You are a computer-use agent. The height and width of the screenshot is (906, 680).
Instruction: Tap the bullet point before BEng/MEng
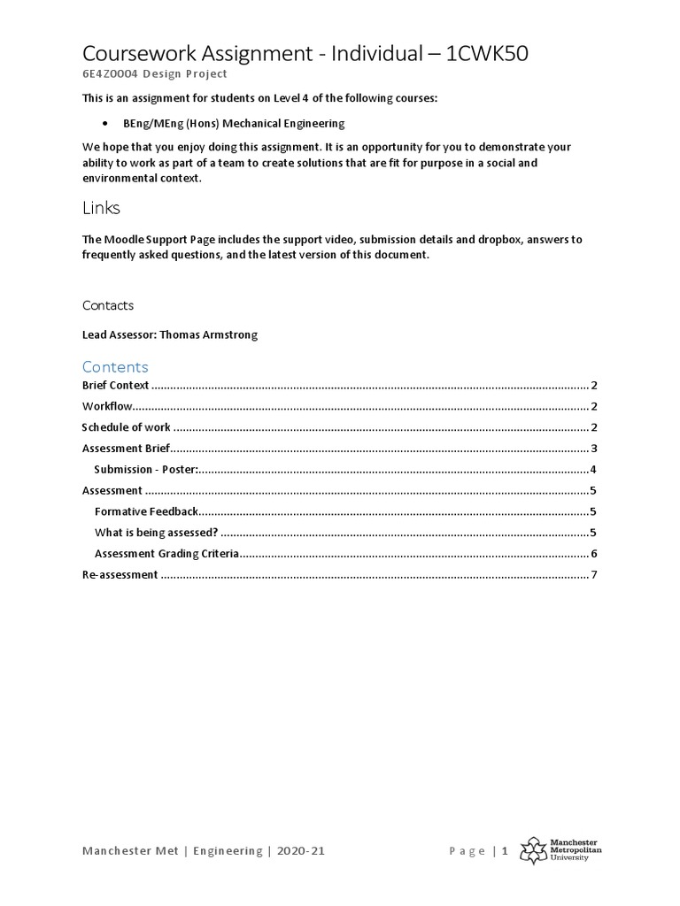click(106, 124)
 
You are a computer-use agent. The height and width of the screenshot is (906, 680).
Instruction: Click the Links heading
click(101, 209)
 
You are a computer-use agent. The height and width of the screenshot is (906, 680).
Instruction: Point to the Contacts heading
click(108, 305)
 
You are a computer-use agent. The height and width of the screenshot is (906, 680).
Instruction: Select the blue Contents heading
click(115, 366)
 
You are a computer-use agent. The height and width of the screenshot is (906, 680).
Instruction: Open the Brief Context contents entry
click(116, 386)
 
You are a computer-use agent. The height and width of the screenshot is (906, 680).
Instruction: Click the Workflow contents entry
click(107, 407)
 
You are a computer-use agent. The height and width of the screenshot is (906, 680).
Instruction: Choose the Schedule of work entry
click(127, 427)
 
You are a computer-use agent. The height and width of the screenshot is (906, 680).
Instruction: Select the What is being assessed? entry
click(156, 533)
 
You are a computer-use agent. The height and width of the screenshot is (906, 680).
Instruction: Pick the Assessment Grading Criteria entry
click(167, 554)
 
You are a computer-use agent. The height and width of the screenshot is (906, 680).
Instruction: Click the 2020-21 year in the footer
click(302, 851)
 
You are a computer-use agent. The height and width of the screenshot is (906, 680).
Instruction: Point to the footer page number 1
click(505, 851)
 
